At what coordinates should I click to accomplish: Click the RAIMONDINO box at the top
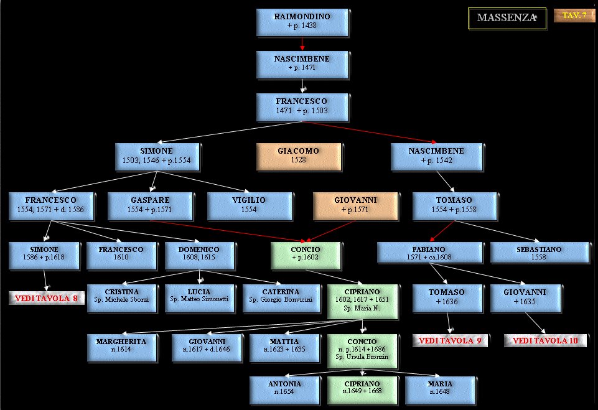[x=302, y=22]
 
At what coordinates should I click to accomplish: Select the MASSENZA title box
[x=507, y=18]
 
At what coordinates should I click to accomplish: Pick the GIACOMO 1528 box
[x=299, y=156]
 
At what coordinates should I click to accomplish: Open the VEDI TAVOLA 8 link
[x=47, y=298]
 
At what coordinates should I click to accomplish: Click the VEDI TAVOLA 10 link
[x=544, y=341]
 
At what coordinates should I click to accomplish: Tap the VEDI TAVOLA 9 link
[x=449, y=341]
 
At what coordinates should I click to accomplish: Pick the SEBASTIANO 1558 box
[x=539, y=253]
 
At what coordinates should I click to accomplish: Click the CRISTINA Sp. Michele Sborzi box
[x=121, y=297]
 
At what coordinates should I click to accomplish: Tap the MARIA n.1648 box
[x=440, y=389]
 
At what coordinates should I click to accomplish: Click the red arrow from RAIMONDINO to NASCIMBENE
[x=302, y=44]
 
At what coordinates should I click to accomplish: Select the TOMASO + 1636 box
[x=447, y=297]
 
